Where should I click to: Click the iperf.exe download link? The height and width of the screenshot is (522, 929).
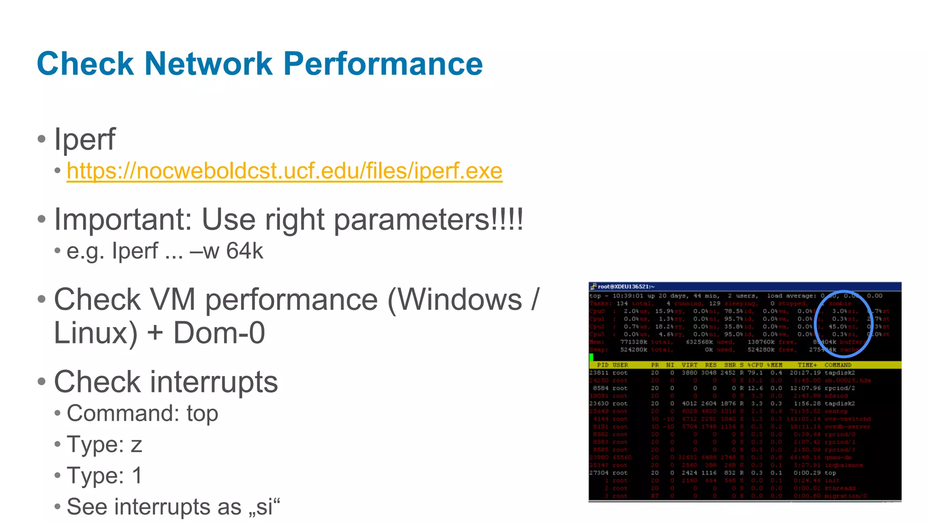(x=284, y=171)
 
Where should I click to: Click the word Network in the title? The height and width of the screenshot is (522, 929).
(x=208, y=63)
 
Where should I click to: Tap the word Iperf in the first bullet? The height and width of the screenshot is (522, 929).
(x=85, y=139)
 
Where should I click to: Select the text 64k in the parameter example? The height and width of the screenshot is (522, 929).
(x=244, y=251)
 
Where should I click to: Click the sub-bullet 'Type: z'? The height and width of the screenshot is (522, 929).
(x=104, y=445)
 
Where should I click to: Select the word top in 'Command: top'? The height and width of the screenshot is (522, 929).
(x=202, y=414)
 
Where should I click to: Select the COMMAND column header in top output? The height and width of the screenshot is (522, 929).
(x=837, y=365)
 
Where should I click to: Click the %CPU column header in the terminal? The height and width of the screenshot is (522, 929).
(x=755, y=365)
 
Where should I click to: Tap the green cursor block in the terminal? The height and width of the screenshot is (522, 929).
(x=592, y=357)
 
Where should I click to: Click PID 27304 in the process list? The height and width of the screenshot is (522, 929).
(x=598, y=473)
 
